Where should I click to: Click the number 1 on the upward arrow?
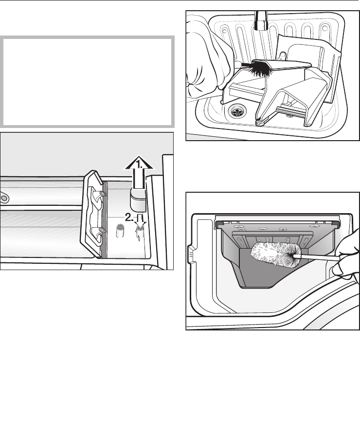click(138, 163)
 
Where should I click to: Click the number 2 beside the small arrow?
click(129, 218)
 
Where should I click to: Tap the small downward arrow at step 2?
click(141, 220)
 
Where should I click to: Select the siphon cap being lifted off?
click(138, 200)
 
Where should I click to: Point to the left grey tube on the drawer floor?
click(120, 231)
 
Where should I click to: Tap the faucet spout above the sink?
click(261, 20)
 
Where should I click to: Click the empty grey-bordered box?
click(87, 82)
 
